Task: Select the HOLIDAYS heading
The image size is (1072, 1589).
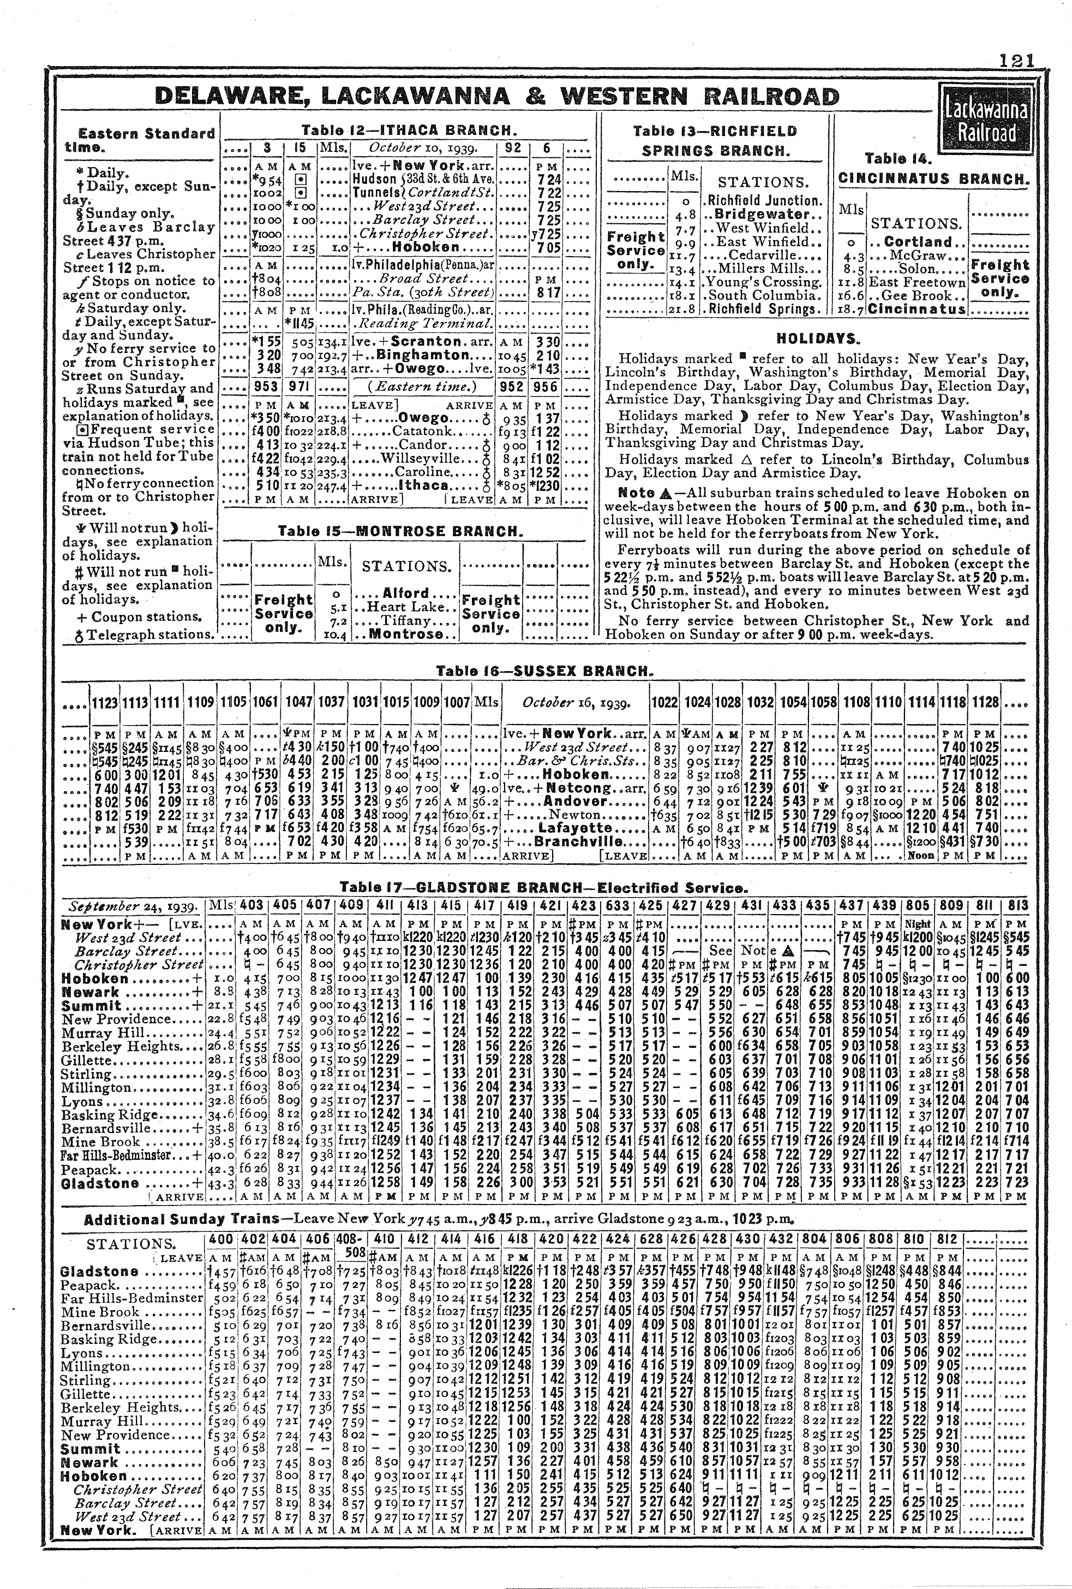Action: (818, 339)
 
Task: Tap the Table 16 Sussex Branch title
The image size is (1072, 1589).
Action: (543, 672)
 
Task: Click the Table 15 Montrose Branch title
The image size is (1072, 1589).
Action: (401, 531)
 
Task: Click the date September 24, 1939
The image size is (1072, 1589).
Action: (134, 906)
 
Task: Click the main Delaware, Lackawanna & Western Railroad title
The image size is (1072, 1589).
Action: (496, 97)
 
